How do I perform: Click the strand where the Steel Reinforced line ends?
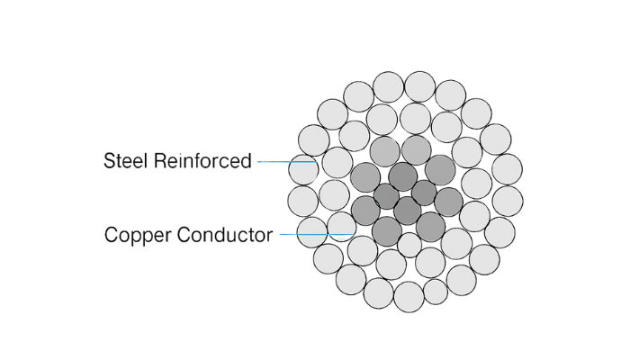pyautogui.click(x=337, y=163)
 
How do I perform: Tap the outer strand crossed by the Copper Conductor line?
pyautogui.click(x=311, y=231)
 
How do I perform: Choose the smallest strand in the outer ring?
pyautogui.click(x=436, y=292)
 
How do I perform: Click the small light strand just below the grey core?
pyautogui.click(x=409, y=246)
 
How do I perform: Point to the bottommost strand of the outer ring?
pyautogui.click(x=409, y=296)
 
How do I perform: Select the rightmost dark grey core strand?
pyautogui.click(x=448, y=201)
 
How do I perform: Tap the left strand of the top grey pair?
pyautogui.click(x=385, y=150)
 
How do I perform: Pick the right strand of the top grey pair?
pyautogui.click(x=416, y=149)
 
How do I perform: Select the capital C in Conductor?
pyautogui.click(x=182, y=235)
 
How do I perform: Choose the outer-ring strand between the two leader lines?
pyautogui.click(x=303, y=201)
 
